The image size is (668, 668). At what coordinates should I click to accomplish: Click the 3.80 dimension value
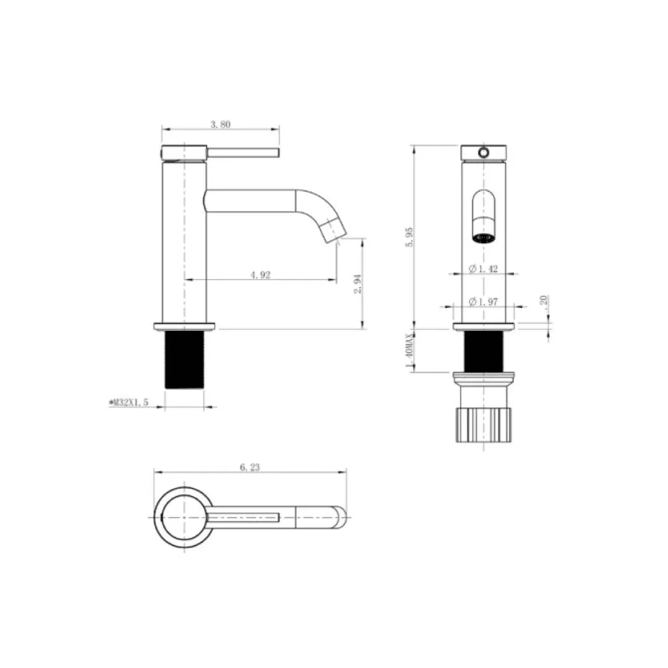pos(220,124)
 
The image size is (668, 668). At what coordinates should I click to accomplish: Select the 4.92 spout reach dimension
pos(260,275)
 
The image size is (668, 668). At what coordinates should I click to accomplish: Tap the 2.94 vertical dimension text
pos(356,285)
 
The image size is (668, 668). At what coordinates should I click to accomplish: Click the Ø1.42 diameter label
pos(484,268)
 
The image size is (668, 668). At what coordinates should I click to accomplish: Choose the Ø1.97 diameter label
pos(484,301)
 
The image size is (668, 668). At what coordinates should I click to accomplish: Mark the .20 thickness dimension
pos(542,301)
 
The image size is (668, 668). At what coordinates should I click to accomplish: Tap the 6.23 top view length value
pos(249,468)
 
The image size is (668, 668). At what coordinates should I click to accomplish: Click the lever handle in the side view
pos(244,152)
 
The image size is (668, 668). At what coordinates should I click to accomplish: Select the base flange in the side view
pos(184,326)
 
